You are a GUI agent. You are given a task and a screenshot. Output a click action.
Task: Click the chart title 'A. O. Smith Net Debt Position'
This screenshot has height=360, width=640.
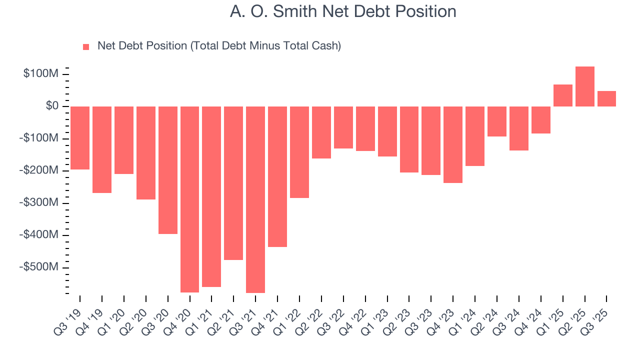point(343,11)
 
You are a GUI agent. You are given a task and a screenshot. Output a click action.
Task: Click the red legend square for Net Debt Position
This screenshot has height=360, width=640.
point(86,46)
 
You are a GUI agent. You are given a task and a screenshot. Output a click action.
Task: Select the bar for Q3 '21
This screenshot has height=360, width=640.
point(255,199)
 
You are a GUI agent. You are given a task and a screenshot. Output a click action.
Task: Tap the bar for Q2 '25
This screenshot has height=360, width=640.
point(585,86)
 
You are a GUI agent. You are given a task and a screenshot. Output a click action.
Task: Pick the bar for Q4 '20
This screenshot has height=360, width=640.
point(189,199)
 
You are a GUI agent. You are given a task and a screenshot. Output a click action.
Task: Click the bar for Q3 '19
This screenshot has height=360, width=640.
point(80,138)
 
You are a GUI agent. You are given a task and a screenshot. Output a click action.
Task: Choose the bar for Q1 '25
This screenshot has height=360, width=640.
point(563,95)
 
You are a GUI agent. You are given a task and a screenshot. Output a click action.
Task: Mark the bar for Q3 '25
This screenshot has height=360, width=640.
point(606,98)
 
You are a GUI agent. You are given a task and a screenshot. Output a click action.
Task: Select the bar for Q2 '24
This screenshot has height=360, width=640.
point(497,121)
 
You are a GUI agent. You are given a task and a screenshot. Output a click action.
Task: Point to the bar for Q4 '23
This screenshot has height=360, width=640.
point(453,144)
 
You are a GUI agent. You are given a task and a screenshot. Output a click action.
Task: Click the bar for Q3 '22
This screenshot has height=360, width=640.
point(343,127)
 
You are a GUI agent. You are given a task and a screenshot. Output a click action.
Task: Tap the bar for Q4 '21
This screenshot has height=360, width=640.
point(277,176)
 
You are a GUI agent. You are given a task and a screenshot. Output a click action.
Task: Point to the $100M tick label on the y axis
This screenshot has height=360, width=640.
point(41,74)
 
